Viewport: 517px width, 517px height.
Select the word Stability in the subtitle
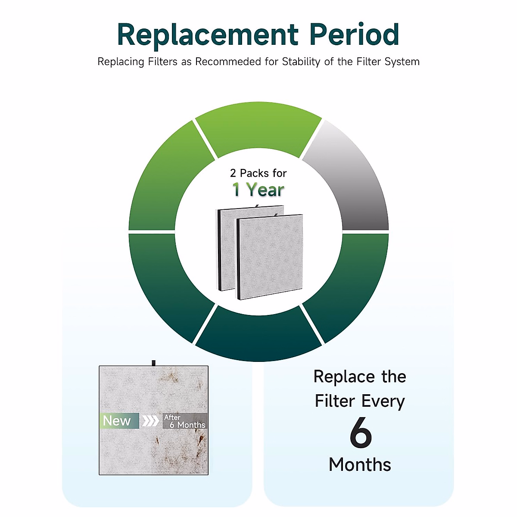coord(301,62)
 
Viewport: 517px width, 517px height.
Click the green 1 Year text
coord(258,190)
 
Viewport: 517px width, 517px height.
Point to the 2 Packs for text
coord(258,173)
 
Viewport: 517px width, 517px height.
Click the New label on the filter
coord(117,420)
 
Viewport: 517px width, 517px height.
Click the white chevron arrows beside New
coord(151,420)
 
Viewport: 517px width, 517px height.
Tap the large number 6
coord(360,433)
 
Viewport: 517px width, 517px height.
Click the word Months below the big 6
coord(360,465)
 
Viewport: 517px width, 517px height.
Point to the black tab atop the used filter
coord(154,363)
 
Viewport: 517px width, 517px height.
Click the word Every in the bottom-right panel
coord(383,402)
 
